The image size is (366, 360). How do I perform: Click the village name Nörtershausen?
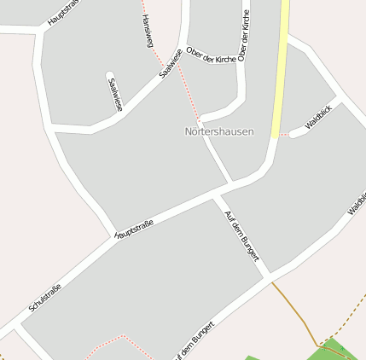(x=219, y=132)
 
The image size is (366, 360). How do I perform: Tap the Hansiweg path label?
(x=147, y=31)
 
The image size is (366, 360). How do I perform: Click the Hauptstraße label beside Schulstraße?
(x=134, y=229)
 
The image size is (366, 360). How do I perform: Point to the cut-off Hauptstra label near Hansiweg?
(x=63, y=12)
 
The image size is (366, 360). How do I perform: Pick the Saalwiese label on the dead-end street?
(x=114, y=94)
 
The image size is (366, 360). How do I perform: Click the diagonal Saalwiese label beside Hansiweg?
(x=171, y=62)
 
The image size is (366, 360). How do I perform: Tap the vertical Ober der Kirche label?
(x=244, y=36)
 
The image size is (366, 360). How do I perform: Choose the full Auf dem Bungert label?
(x=241, y=235)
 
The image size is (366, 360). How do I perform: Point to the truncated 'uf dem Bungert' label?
(x=191, y=343)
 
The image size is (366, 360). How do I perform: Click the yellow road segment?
(x=280, y=68)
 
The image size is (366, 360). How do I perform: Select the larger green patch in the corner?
(x=341, y=351)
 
